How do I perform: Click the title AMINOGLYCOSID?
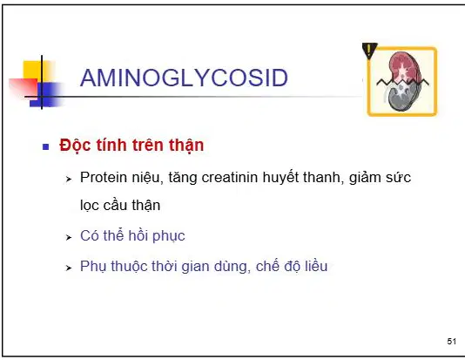coord(184,78)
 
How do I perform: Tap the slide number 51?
coord(451,342)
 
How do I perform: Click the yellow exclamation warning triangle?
coord(369,50)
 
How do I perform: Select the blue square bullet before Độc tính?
coord(45,146)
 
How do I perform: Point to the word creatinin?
coord(230,178)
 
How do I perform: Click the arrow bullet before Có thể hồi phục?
coord(69,237)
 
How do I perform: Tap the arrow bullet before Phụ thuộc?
coord(69,268)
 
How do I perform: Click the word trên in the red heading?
coord(148,145)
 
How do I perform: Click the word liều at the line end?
coord(316,266)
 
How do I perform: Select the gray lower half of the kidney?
coord(401,97)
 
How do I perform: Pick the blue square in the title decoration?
coord(47,94)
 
